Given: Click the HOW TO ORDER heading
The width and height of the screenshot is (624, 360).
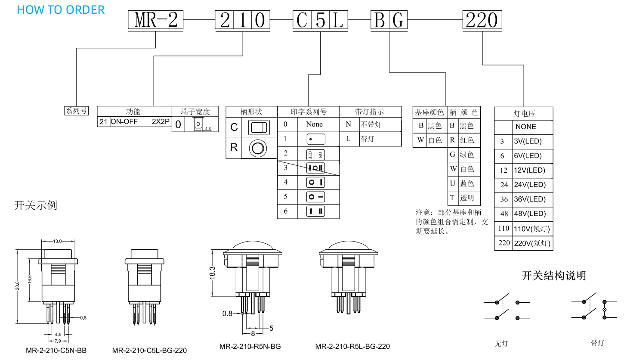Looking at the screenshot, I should (61, 10).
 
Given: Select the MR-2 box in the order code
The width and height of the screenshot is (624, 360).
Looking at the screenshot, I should (156, 20).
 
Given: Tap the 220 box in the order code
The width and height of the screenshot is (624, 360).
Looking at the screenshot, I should (482, 20).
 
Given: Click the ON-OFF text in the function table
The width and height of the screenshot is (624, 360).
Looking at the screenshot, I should (124, 121).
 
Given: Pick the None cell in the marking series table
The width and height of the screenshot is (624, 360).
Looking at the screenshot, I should (314, 124).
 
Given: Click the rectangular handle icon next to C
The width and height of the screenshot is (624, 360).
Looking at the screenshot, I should (259, 127).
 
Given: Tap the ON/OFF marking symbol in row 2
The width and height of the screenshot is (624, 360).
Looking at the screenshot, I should (315, 154).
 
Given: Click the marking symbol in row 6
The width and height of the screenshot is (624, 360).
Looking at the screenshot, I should (315, 211).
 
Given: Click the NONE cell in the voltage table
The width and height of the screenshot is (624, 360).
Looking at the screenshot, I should (526, 127).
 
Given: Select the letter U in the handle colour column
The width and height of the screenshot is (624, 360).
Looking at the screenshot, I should (452, 183).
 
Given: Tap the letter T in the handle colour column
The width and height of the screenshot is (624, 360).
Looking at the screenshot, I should (452, 198).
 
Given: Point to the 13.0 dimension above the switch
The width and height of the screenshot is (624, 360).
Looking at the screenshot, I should (58, 241).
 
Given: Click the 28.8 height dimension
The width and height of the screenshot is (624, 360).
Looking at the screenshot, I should (17, 286).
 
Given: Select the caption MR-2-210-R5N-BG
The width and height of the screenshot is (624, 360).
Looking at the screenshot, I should (250, 346).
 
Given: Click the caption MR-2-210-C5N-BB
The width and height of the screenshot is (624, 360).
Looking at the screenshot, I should (56, 350).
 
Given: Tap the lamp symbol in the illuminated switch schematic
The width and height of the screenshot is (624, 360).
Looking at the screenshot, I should (604, 310).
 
